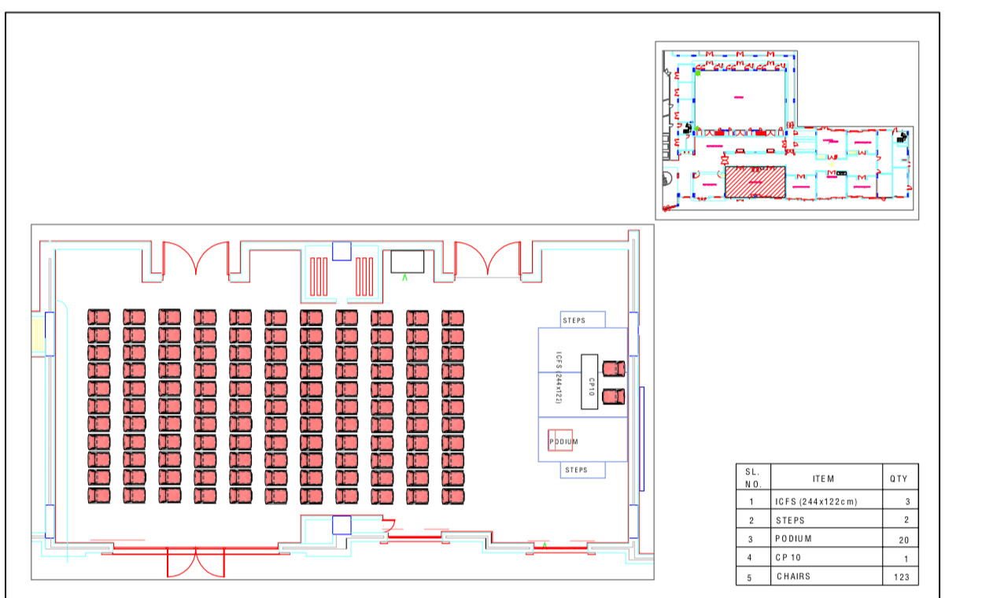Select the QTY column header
coord(899,478)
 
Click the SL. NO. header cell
coord(752,478)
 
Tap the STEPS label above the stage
coord(574,320)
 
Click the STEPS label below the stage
coord(576,470)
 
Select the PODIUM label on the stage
coord(563,441)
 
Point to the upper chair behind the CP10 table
coord(614,368)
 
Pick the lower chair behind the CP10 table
coord(614,396)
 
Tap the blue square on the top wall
coord(341,251)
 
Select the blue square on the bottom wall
coord(341,525)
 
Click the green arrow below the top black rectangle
coord(405,277)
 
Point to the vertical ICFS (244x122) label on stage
coord(558,378)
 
